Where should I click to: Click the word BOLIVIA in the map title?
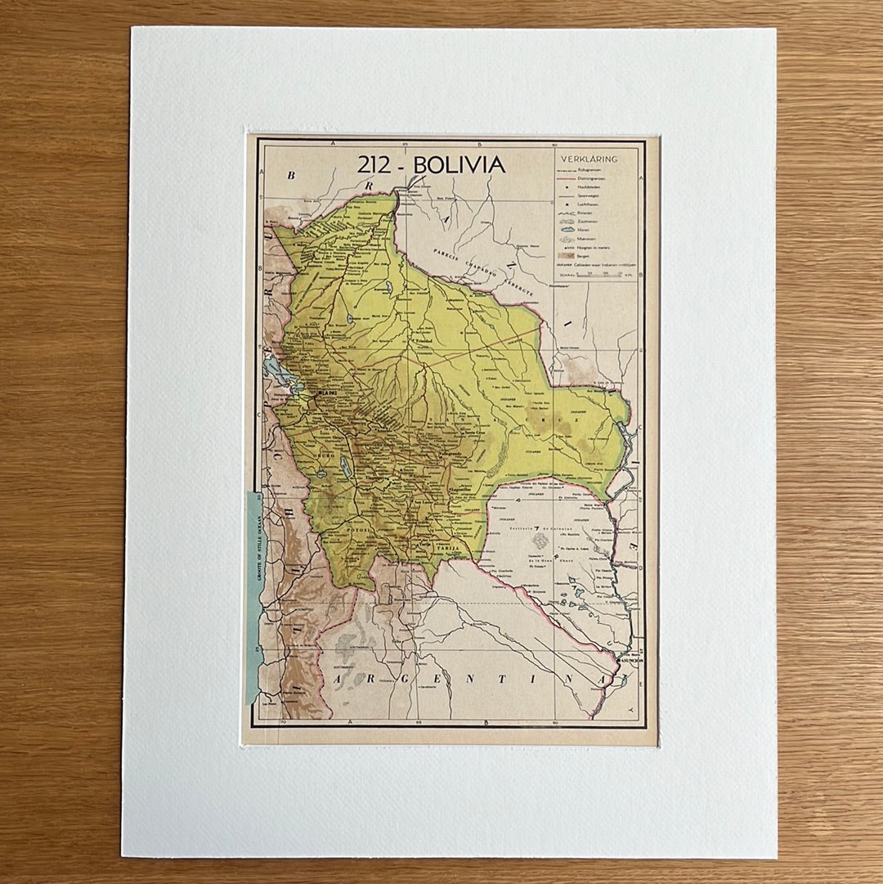pos(459,165)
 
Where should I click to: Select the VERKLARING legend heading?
pos(589,159)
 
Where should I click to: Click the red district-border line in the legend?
pos(567,175)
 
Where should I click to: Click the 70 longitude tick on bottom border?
pos(283,722)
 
